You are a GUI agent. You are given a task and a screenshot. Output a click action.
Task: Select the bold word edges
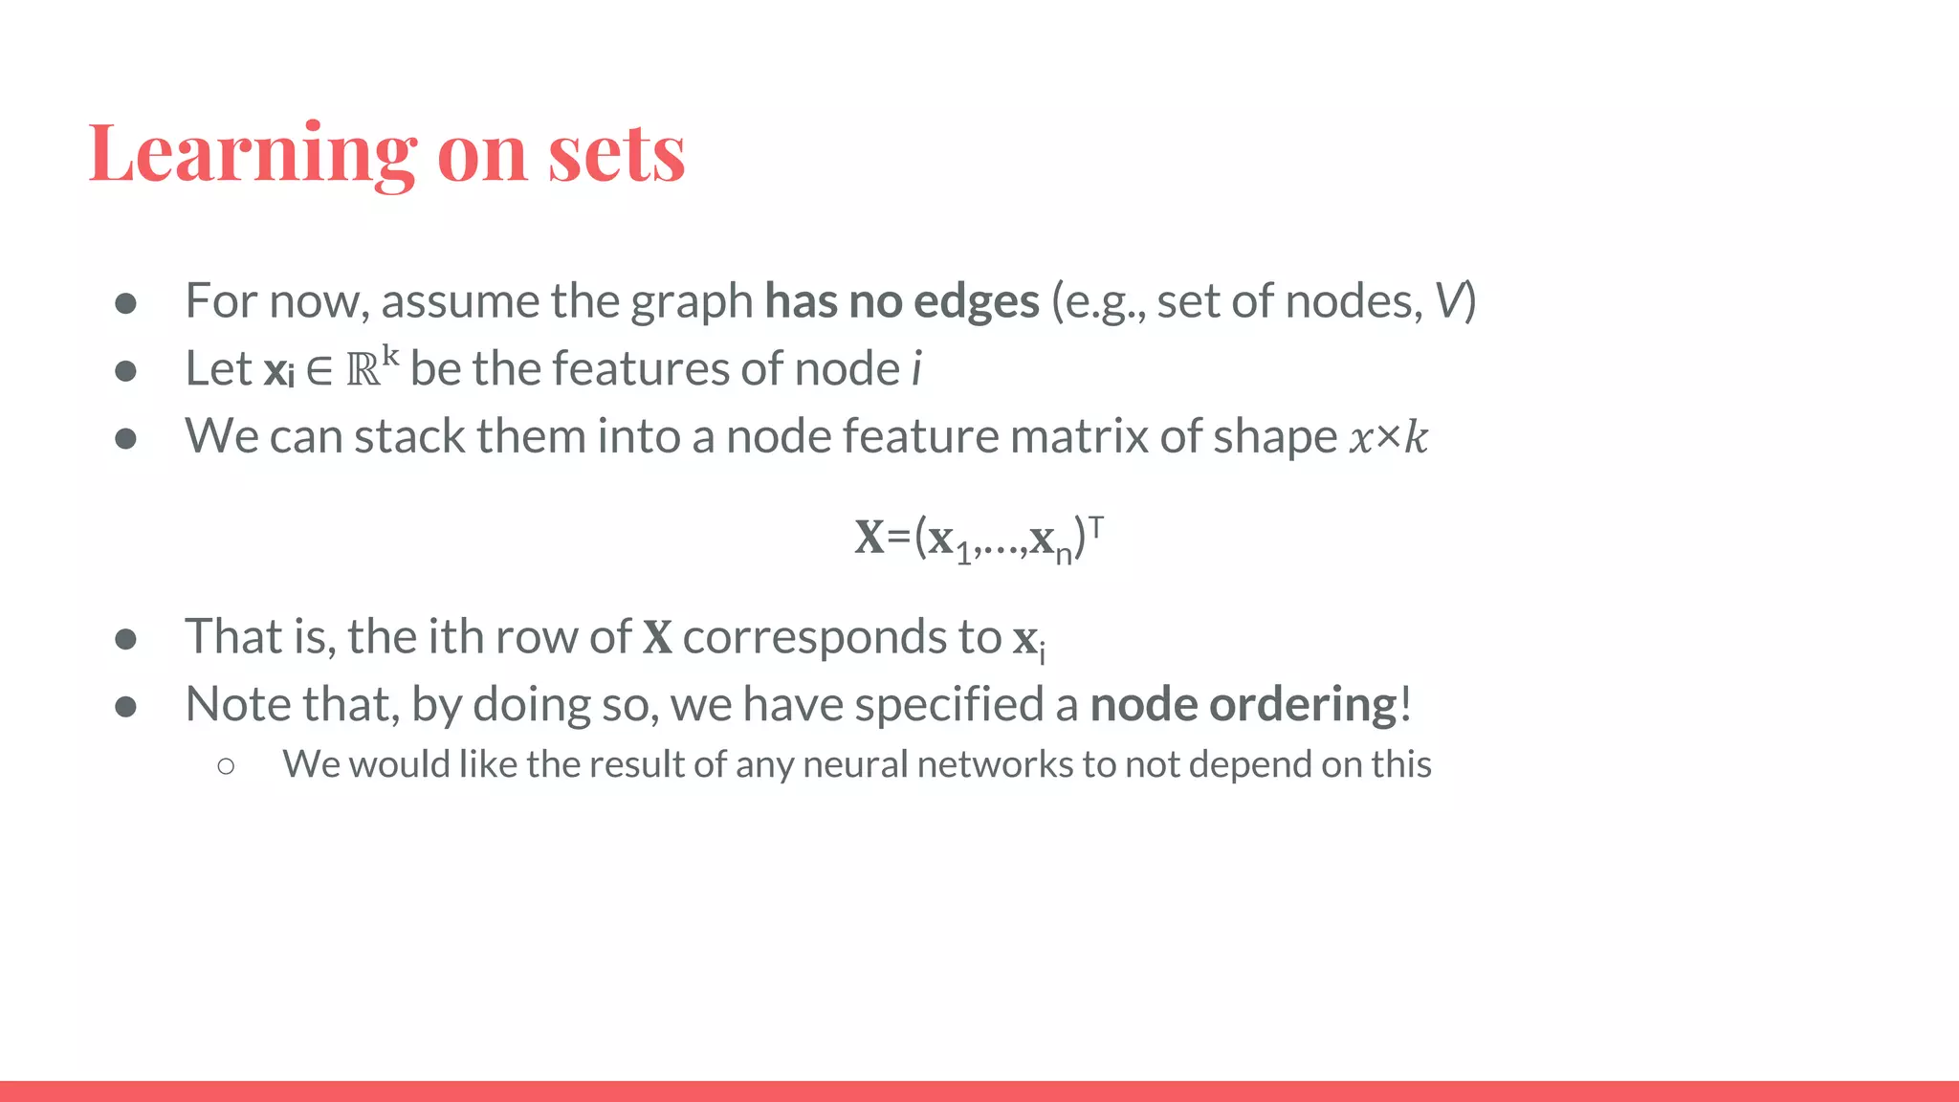976,301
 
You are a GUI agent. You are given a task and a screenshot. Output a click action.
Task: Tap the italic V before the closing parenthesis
1449,301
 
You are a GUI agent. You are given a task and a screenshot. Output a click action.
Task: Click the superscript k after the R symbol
390,356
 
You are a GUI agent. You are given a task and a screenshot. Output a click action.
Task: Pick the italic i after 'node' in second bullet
917,369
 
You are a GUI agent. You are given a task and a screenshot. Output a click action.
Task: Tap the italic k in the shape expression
1415,438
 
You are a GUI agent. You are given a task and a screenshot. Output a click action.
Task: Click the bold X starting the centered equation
869,538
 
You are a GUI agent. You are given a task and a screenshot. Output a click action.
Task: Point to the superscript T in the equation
1096,525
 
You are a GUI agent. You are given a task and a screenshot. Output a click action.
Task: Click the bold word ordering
1303,705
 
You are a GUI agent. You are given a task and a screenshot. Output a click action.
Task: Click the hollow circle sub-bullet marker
226,765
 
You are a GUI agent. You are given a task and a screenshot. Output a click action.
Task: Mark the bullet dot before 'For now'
125,303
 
